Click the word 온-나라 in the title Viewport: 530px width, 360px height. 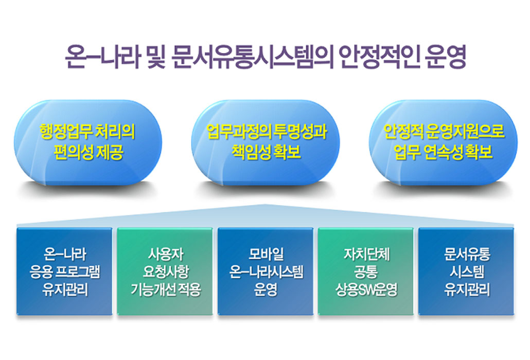tap(102, 57)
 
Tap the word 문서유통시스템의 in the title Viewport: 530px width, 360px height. tap(252, 57)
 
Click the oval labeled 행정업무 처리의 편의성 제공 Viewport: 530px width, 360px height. tap(88, 142)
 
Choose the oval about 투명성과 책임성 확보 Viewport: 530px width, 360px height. tap(266, 142)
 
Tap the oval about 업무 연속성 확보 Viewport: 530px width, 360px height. tap(443, 142)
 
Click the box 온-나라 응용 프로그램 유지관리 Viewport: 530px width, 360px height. tap(64, 272)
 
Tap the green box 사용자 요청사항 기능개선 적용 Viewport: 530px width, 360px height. tap(165, 272)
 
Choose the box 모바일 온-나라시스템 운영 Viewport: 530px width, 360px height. tap(266, 272)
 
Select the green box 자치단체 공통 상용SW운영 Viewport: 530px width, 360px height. tap(366, 272)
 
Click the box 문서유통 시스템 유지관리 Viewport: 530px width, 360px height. tap(466, 272)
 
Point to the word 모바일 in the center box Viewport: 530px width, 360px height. tap(266, 254)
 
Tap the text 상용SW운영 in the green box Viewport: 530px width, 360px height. tap(366, 290)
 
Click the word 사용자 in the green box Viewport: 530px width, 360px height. tap(165, 254)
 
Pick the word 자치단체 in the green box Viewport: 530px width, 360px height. tap(366, 254)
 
